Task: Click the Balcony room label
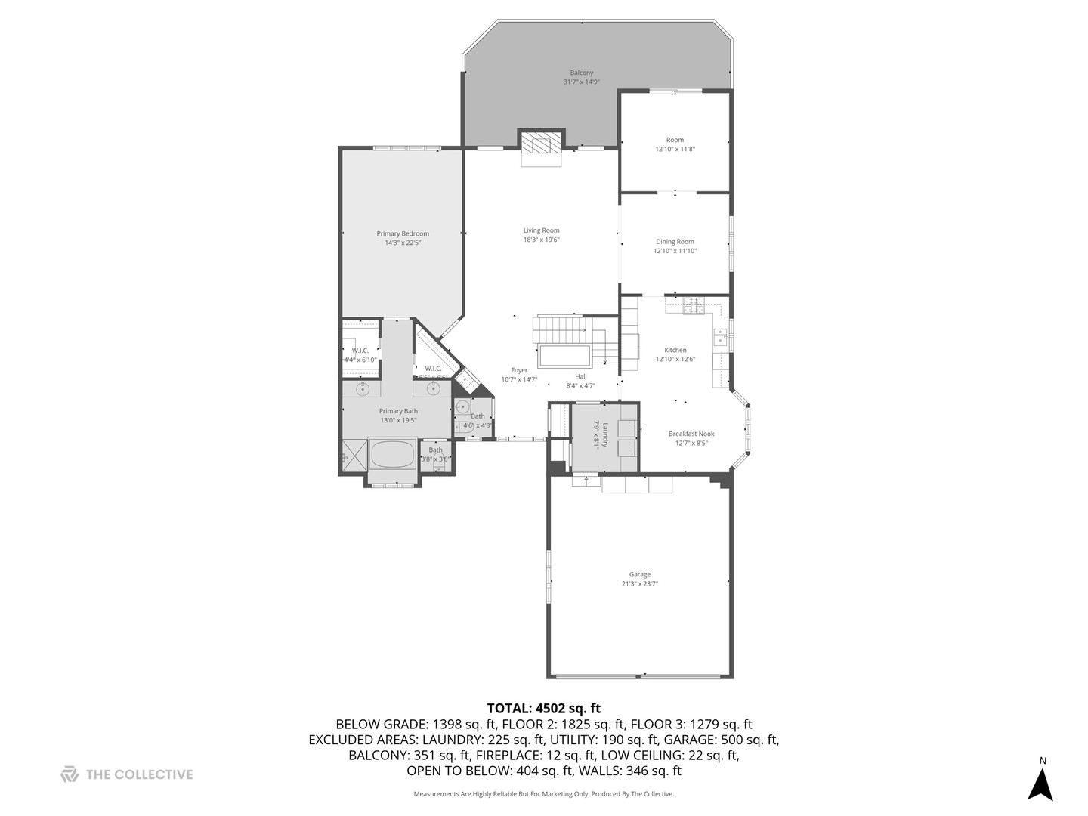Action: pyautogui.click(x=581, y=73)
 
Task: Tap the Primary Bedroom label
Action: pyautogui.click(x=403, y=233)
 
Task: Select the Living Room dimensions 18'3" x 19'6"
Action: pyautogui.click(x=541, y=240)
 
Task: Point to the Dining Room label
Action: pyautogui.click(x=675, y=242)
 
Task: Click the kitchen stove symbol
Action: pyautogui.click(x=694, y=305)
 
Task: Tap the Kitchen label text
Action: pyautogui.click(x=675, y=350)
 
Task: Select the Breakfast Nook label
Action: pyautogui.click(x=691, y=434)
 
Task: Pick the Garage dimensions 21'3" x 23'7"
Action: pyautogui.click(x=639, y=584)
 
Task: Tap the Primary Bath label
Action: pyautogui.click(x=398, y=411)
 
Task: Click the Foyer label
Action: pyautogui.click(x=519, y=370)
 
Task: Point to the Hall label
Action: pyautogui.click(x=580, y=376)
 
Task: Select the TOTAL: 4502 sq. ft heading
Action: pyautogui.click(x=543, y=709)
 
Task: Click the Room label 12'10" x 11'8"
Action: pyautogui.click(x=675, y=140)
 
